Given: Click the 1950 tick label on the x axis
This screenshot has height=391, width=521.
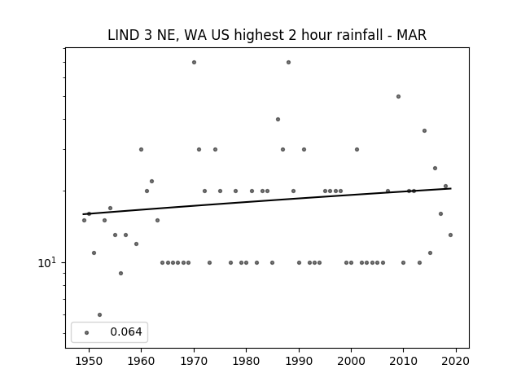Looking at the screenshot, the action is click(89, 361).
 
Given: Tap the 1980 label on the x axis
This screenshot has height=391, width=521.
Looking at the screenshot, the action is click(246, 361).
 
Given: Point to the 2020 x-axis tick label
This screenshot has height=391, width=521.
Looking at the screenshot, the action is click(456, 361).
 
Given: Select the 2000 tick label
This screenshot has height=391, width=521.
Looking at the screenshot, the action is click(351, 361).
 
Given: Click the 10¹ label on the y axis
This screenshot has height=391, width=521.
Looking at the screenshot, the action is click(47, 262).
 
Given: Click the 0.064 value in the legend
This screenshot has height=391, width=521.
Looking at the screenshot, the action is click(126, 332).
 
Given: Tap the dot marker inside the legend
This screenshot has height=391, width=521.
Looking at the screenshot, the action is click(87, 332).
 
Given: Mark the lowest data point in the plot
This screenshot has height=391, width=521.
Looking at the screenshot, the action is click(99, 314).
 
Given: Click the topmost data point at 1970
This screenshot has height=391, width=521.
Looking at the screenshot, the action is click(194, 62).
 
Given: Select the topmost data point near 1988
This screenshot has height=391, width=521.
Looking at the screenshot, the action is click(288, 62).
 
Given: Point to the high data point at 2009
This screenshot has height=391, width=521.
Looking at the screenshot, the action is click(398, 96).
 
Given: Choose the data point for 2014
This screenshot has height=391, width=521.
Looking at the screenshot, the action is click(424, 130).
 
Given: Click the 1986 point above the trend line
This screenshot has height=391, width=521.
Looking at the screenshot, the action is click(278, 120).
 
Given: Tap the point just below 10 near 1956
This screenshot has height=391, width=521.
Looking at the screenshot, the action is click(120, 274).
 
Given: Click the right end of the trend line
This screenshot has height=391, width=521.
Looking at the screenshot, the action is click(451, 188).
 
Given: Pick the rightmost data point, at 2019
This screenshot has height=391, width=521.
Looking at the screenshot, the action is click(450, 235).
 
